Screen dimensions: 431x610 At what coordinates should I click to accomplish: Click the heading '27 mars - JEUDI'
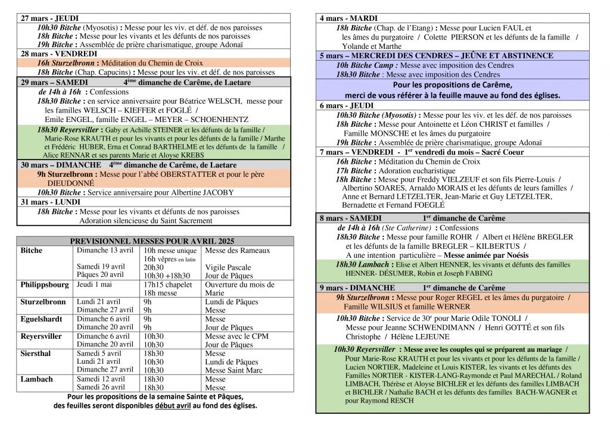pyautogui.click(x=49, y=18)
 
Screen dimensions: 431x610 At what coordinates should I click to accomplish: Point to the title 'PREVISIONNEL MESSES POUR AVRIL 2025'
pyautogui.click(x=155, y=241)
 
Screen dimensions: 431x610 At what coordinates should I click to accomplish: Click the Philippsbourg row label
pyautogui.click(x=44, y=284)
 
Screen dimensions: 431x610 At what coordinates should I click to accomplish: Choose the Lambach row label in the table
pyautogui.click(x=36, y=379)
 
